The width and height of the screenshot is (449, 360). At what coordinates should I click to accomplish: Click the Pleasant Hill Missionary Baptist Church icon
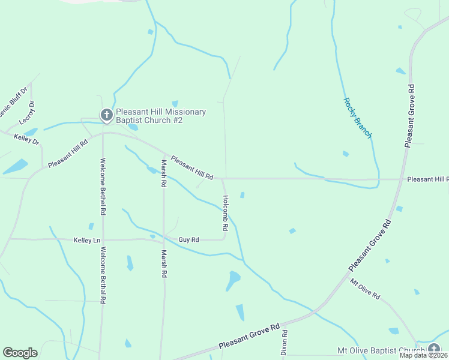106,115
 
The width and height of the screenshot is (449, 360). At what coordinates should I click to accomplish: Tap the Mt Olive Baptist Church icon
434,350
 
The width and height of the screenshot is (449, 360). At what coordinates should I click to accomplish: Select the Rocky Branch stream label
357,118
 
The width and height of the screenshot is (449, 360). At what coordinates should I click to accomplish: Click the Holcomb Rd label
226,213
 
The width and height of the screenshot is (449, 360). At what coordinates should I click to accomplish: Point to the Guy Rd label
188,240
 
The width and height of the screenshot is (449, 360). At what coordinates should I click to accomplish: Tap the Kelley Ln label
86,240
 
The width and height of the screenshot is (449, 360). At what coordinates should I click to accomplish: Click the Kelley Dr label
26,140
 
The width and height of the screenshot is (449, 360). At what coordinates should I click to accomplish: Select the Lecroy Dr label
28,113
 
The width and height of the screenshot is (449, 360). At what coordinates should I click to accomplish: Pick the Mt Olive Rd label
365,289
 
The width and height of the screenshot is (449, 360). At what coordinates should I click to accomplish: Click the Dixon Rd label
285,342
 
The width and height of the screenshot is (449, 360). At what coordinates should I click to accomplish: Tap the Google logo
20,353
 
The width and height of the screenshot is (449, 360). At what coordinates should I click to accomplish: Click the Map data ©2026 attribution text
423,355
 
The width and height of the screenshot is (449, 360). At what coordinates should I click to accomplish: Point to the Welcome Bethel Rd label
103,187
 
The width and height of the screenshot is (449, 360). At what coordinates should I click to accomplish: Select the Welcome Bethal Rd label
103,276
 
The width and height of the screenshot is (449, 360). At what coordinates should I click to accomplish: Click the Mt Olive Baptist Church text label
381,350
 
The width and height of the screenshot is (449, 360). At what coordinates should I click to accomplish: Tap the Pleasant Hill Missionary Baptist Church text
161,116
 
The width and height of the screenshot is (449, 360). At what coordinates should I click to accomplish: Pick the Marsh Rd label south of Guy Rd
163,264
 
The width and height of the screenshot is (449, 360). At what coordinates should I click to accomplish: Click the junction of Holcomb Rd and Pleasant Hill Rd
224,178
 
